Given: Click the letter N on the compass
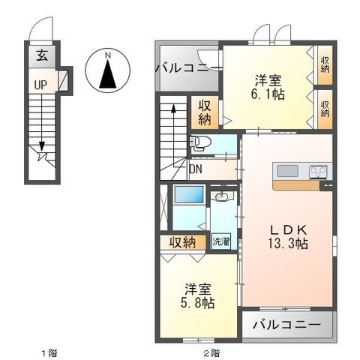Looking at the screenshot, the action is (x=108, y=55).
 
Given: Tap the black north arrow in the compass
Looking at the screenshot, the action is (x=108, y=74).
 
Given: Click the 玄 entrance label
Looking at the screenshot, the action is (x=42, y=56).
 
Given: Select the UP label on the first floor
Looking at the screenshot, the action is (x=40, y=85).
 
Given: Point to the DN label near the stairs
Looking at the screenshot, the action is (x=196, y=169).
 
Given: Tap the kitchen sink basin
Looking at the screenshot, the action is (x=288, y=172).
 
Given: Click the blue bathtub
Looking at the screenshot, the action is (x=188, y=194).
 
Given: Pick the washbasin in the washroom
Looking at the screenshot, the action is (x=221, y=196).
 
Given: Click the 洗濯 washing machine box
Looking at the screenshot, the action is (x=221, y=241).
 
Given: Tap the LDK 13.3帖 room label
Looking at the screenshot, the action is (x=288, y=237).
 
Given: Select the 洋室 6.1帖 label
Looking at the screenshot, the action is (x=268, y=87).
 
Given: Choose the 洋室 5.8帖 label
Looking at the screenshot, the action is (x=198, y=295).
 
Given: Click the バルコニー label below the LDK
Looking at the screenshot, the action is (x=286, y=325).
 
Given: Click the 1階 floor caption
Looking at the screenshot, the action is (x=49, y=353).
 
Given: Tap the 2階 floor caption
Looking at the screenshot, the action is (x=212, y=353).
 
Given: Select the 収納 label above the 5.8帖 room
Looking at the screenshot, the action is (x=182, y=242).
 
